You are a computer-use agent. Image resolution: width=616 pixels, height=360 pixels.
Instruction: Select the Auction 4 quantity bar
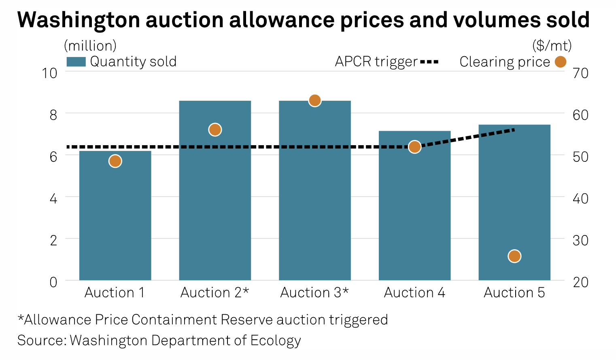pyautogui.click(x=414, y=210)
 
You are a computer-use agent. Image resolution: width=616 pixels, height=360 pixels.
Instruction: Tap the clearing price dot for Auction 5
pyautogui.click(x=514, y=256)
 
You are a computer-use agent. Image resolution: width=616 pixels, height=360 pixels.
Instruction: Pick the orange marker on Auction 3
pyautogui.click(x=314, y=100)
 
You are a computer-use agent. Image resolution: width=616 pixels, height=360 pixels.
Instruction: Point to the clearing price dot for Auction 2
pyautogui.click(x=215, y=129)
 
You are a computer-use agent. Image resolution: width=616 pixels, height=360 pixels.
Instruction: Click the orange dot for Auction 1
pyautogui.click(x=115, y=161)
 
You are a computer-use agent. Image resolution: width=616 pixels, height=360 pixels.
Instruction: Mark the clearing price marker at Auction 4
pyautogui.click(x=414, y=147)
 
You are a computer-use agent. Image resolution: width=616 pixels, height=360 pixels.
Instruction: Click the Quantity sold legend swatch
pyautogui.click(x=76, y=61)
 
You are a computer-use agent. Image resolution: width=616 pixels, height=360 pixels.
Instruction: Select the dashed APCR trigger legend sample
pyautogui.click(x=429, y=62)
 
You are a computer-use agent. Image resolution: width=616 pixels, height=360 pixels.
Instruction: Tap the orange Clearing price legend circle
pyautogui.click(x=560, y=62)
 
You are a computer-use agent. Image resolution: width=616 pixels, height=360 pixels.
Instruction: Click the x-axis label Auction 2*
pyautogui.click(x=215, y=292)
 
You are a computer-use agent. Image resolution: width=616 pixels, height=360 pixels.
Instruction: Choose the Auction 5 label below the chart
pyautogui.click(x=514, y=292)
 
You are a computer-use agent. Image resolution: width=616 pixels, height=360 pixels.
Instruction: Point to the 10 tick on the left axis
pyautogui.click(x=50, y=73)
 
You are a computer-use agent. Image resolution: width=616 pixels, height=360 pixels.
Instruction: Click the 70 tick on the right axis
pyautogui.click(x=580, y=73)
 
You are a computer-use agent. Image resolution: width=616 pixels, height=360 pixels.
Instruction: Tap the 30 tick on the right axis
pyautogui.click(x=580, y=240)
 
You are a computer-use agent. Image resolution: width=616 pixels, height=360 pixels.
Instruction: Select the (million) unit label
pyautogui.click(x=90, y=46)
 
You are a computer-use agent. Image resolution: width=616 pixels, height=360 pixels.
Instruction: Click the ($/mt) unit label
pyautogui.click(x=552, y=46)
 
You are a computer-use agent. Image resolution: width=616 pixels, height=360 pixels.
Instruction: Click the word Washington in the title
pyautogui.click(x=79, y=20)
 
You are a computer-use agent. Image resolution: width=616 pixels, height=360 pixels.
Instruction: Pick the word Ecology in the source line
pyautogui.click(x=276, y=341)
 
